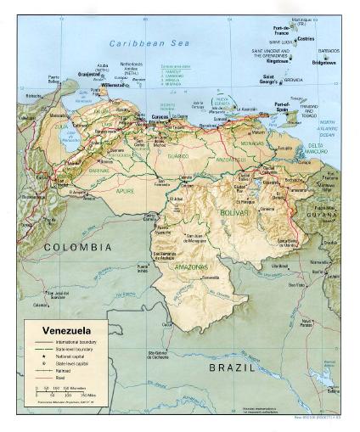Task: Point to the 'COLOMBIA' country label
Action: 77,246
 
